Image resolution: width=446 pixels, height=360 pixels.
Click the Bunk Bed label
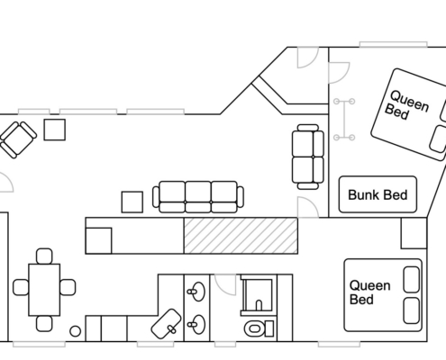[x=378, y=195]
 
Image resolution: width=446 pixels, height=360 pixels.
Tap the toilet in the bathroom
[x=259, y=328]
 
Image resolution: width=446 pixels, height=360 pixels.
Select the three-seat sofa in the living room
[x=198, y=197]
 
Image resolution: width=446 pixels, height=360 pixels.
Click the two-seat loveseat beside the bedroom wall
[x=308, y=157]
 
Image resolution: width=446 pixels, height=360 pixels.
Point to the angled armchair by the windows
[x=17, y=139]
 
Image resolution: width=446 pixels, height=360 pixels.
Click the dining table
[x=44, y=290]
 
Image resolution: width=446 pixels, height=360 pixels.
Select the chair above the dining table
[x=44, y=256]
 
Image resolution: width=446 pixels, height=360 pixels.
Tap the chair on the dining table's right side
[x=68, y=287]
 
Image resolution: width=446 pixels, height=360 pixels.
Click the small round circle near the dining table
[x=75, y=331]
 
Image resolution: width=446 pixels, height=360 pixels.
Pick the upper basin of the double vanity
[x=196, y=292]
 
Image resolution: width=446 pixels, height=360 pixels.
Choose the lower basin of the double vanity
[x=196, y=324]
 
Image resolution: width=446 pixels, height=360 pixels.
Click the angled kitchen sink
[x=166, y=324]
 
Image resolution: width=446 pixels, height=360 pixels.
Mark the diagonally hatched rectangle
[x=241, y=236]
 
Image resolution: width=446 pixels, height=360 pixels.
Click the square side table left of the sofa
[x=132, y=202]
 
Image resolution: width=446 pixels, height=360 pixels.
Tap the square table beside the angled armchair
[x=55, y=130]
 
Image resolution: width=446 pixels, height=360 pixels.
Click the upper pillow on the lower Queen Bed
[x=411, y=279]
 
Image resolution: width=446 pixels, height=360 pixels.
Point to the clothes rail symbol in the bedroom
[x=344, y=120]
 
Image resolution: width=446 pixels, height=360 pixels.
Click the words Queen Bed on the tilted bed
[x=406, y=105]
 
